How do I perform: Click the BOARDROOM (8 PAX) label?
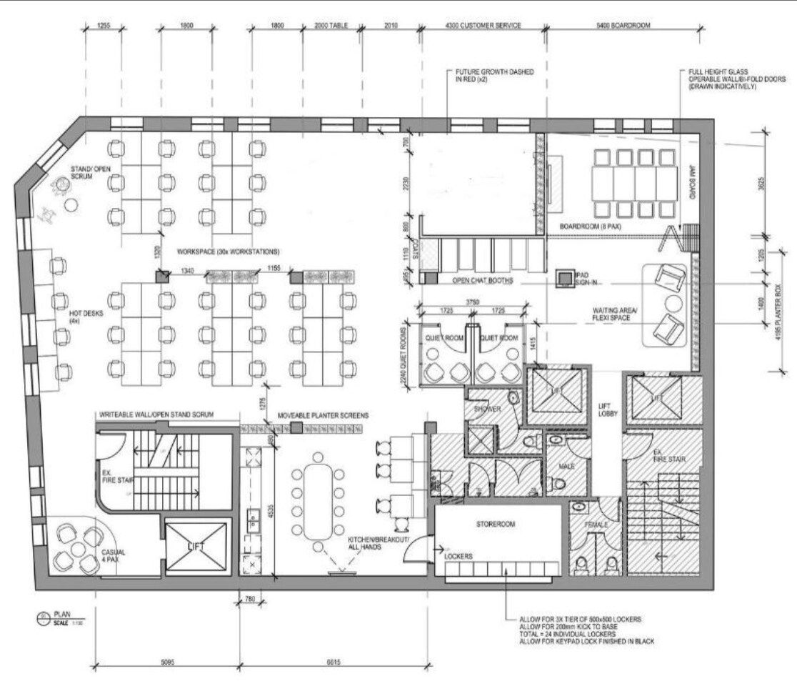point(590,227)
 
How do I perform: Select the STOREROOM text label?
point(496,524)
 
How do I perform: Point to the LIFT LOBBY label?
point(608,410)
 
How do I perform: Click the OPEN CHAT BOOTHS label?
point(483,281)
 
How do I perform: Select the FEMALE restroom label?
point(597,525)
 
